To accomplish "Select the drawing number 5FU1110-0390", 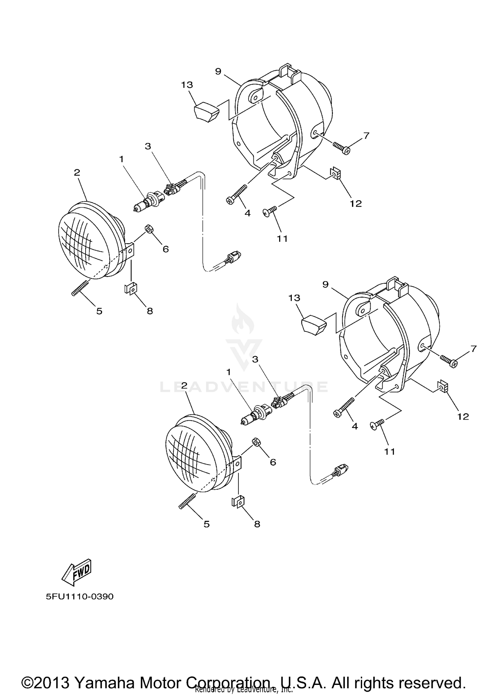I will click(x=79, y=596).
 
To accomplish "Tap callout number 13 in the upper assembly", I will click(x=187, y=85).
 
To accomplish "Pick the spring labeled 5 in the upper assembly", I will click(x=80, y=288).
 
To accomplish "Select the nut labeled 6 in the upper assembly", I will click(x=149, y=229).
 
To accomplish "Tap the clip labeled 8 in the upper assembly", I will click(x=130, y=288).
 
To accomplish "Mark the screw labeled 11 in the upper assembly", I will click(x=270, y=211).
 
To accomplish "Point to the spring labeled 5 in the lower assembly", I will click(x=187, y=501).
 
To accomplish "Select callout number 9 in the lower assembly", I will click(x=325, y=284).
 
